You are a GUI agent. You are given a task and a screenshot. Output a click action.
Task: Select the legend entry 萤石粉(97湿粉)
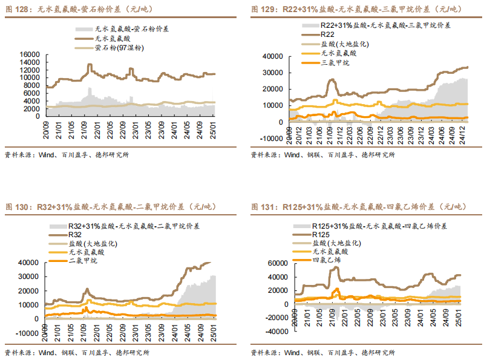119,47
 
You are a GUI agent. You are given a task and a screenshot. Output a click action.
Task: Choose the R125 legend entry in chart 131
321,234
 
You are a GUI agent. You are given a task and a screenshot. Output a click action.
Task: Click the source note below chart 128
67,155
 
